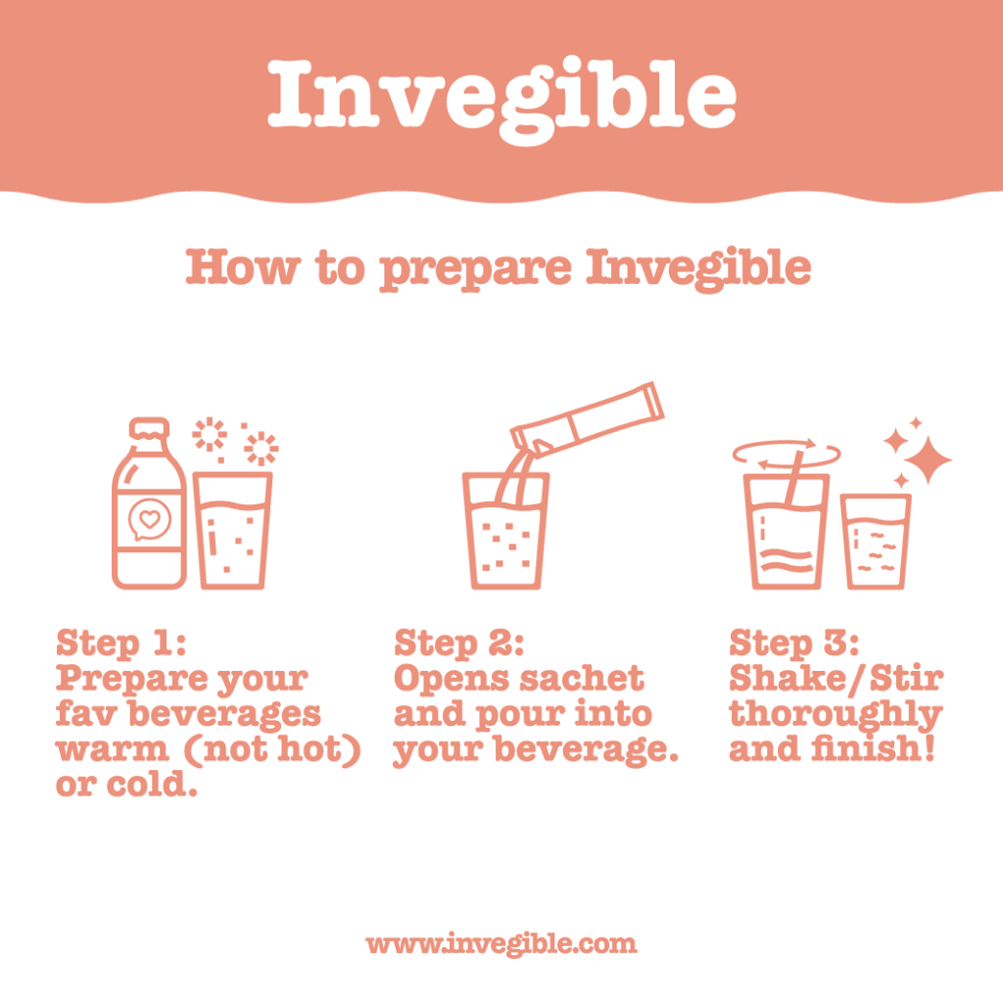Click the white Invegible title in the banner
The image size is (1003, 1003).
coord(502,99)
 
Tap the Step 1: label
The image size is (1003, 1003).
coord(120,643)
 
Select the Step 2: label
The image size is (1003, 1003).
coord(458,643)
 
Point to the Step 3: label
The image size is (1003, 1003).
coord(793,643)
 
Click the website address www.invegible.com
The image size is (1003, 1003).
coord(501,943)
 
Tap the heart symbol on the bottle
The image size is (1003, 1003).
coord(150,519)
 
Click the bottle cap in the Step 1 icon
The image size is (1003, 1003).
coord(149,429)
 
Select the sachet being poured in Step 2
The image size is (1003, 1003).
coord(588,419)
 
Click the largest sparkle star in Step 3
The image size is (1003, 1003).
coord(928,459)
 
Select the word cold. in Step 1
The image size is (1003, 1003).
coord(152,784)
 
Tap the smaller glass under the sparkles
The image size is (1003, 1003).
coord(876,542)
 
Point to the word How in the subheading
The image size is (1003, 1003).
coord(243,266)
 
